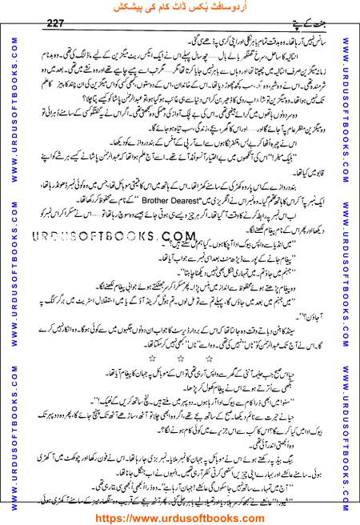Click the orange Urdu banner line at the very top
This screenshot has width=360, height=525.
point(179,7)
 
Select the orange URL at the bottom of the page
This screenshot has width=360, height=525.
point(179,516)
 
